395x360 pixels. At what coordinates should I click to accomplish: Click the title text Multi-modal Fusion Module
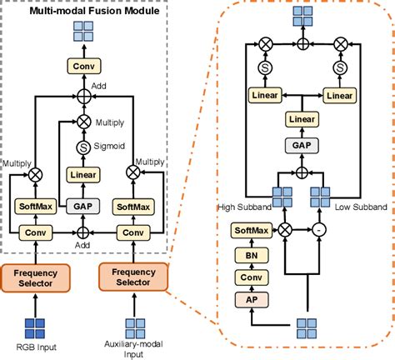94,11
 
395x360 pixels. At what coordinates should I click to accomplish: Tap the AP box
252,300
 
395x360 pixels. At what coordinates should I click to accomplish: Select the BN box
252,255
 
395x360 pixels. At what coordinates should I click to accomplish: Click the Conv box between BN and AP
252,277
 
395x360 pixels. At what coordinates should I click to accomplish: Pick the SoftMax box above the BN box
252,230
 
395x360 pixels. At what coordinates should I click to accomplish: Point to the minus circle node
319,230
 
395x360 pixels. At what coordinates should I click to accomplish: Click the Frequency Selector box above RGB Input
36,278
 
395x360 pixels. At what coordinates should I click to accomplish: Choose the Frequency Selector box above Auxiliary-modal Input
133,277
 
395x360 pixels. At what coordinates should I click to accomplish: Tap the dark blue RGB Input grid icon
35,328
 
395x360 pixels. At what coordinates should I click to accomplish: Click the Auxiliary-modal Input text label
133,349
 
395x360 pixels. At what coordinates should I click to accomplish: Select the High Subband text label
245,207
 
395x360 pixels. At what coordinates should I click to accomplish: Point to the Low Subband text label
361,207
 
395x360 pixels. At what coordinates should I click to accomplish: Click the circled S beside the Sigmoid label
83,147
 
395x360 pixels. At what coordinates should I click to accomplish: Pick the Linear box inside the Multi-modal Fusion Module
83,175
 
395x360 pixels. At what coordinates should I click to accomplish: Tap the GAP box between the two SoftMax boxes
82,207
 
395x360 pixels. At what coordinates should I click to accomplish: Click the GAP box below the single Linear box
302,145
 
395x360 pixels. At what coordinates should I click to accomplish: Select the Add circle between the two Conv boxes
82,232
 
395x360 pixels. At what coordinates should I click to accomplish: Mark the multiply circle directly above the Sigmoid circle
84,122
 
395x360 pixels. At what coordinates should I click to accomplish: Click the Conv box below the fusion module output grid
84,66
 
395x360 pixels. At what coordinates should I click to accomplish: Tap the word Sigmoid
109,146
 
